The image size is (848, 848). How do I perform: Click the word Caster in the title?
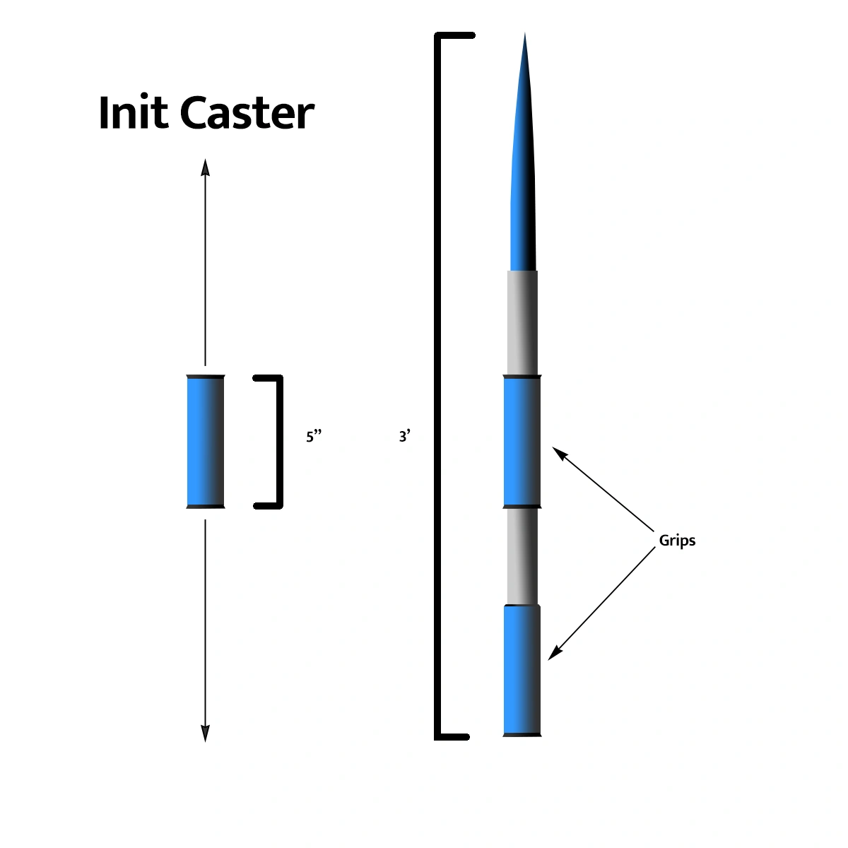click(247, 113)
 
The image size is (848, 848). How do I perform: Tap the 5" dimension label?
click(314, 437)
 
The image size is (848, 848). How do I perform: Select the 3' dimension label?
click(404, 437)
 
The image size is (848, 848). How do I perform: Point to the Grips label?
click(677, 541)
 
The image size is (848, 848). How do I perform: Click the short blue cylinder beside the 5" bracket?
click(206, 442)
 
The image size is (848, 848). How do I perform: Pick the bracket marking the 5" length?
click(278, 442)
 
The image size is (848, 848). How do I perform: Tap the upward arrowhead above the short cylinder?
click(206, 166)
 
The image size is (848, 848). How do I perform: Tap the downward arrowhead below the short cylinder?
click(206, 735)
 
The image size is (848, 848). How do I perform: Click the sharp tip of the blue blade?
click(524, 35)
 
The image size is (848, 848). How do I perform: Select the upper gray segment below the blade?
click(522, 323)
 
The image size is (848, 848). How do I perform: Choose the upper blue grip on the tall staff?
click(522, 442)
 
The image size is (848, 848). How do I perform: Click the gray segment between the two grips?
click(522, 556)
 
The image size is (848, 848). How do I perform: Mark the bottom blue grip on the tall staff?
click(522, 670)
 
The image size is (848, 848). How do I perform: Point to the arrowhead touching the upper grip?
click(558, 452)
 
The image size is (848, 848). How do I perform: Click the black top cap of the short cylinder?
click(206, 376)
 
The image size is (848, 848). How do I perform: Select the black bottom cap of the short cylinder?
click(206, 507)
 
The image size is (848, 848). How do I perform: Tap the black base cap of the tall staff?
click(522, 736)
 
